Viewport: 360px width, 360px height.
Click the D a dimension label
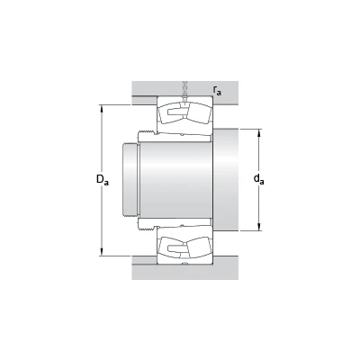(x=103, y=179)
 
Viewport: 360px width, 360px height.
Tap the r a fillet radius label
(x=217, y=90)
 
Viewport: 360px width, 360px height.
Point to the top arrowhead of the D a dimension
(x=102, y=108)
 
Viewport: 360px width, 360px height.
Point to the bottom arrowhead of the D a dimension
(x=102, y=253)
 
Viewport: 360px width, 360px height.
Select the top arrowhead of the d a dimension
(x=259, y=132)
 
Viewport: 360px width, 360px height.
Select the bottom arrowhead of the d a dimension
(x=259, y=228)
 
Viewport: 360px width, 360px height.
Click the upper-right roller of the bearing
(x=199, y=112)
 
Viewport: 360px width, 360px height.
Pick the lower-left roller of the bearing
(x=170, y=247)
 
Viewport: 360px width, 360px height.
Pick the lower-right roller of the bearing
(x=199, y=247)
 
